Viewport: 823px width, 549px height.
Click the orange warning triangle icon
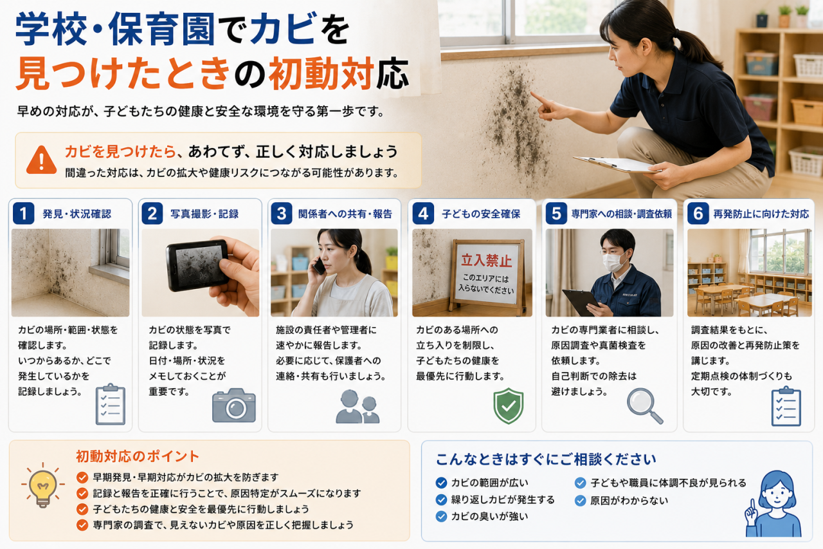point(42,160)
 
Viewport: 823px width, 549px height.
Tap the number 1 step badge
point(24,213)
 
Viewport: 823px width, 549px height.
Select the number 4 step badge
point(423,213)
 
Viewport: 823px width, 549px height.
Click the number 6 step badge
point(698,213)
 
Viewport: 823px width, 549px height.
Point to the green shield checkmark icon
point(509,405)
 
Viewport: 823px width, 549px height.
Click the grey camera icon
point(233,405)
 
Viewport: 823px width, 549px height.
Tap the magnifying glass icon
point(644,406)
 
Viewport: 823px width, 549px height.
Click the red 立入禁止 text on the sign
point(487,261)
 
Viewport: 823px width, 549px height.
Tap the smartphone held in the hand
point(197,265)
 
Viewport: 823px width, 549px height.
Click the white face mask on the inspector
point(613,261)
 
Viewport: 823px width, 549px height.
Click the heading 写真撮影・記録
point(204,214)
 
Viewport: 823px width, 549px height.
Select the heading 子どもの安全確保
point(481,214)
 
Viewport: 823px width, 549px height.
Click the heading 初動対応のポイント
point(138,456)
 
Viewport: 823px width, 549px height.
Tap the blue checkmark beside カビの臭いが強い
point(441,517)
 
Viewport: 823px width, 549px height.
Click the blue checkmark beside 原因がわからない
point(580,501)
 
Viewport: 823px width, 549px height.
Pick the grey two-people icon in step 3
point(357,406)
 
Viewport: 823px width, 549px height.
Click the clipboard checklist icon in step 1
point(110,404)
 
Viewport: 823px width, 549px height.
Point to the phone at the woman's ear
point(319,266)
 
